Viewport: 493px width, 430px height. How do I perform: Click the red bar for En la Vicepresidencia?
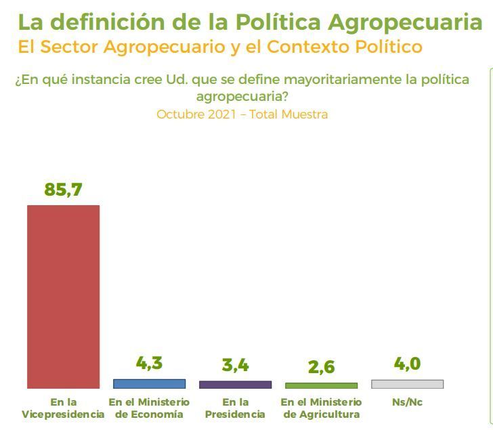click(x=63, y=296)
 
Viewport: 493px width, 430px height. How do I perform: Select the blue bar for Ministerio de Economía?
click(x=149, y=383)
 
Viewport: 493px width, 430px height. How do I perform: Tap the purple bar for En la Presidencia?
click(x=235, y=384)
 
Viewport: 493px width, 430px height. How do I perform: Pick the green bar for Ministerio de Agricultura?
click(x=321, y=385)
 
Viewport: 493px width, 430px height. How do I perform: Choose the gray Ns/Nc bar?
click(x=407, y=384)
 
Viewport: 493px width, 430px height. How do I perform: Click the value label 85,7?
click(x=63, y=190)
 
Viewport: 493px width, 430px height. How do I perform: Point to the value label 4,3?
click(x=149, y=363)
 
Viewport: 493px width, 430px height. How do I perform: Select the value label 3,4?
click(x=235, y=366)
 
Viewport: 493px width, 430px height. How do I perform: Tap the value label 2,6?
click(x=321, y=367)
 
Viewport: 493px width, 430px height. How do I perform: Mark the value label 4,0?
click(x=407, y=364)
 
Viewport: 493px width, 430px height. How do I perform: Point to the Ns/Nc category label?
click(x=407, y=402)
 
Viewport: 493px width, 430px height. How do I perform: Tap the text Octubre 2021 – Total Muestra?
click(x=242, y=114)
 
